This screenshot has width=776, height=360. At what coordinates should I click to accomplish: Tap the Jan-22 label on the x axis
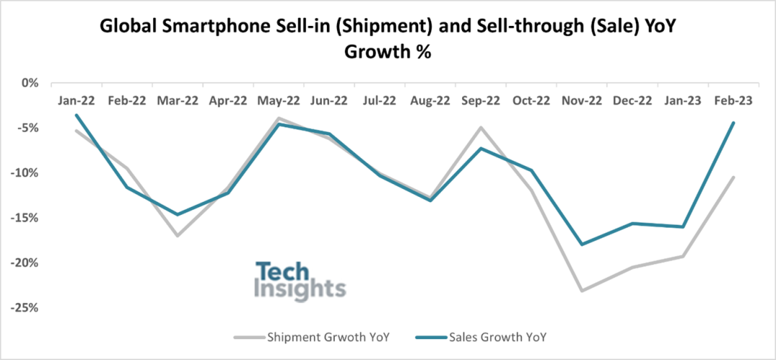[75, 101]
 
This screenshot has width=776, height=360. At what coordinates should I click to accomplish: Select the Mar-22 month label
[177, 101]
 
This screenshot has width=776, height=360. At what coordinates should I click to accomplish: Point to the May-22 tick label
[278, 101]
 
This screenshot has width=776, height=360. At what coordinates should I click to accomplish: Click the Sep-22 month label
[481, 101]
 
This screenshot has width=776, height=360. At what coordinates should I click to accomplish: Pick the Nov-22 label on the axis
[582, 101]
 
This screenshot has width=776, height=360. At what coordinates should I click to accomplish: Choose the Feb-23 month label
[733, 101]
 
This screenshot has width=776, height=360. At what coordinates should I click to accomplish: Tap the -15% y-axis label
[25, 218]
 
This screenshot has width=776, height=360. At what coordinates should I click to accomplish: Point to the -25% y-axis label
[25, 308]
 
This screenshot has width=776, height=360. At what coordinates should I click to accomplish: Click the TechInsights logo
[300, 280]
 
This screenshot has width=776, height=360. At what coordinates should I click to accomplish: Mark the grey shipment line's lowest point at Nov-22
[582, 290]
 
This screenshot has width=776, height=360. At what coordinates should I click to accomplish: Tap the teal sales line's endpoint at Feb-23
[733, 123]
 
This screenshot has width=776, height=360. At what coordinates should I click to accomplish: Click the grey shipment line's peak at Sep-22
[481, 127]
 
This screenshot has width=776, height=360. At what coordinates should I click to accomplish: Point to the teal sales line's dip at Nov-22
[582, 244]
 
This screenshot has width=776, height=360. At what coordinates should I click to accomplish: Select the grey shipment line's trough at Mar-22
[177, 236]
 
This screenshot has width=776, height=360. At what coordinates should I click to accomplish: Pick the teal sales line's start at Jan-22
[75, 115]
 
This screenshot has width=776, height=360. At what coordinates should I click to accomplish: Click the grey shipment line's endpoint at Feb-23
[733, 177]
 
